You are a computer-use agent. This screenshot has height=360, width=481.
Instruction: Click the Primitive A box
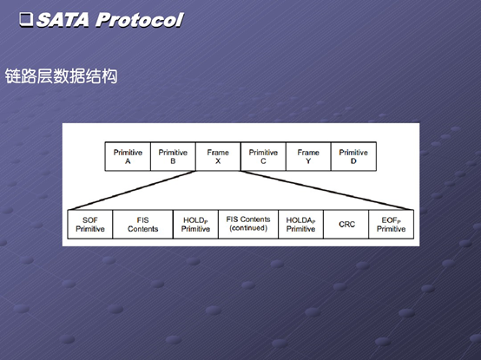[x=128, y=156]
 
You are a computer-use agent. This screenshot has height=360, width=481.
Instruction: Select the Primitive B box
[x=173, y=156]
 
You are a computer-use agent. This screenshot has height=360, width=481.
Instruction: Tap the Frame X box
[x=218, y=156]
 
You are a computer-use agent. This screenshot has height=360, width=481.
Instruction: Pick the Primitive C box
[x=263, y=156]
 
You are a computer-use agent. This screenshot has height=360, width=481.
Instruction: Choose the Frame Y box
[x=308, y=156]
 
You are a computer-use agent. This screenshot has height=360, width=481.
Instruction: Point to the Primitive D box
[x=353, y=156]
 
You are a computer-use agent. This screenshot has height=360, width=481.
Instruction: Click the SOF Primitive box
[x=90, y=225]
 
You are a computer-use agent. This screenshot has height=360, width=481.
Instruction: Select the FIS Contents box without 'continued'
[x=143, y=225]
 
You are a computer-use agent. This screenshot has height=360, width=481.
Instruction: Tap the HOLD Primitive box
[x=195, y=225]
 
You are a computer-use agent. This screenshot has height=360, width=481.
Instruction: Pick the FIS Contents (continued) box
[x=248, y=225]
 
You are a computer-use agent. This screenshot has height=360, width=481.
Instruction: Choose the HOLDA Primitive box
[x=301, y=225]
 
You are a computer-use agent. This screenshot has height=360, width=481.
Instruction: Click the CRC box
[x=346, y=225]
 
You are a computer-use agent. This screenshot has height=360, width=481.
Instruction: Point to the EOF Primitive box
[x=391, y=225]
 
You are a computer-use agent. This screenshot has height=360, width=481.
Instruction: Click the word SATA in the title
[x=63, y=20]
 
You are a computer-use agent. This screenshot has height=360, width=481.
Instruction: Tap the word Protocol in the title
[x=140, y=20]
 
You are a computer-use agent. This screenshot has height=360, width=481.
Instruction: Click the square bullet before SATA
[x=26, y=20]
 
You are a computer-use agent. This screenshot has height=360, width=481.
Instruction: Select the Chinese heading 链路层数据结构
[x=62, y=76]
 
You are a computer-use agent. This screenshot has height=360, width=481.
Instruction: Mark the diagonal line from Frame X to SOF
[x=132, y=190]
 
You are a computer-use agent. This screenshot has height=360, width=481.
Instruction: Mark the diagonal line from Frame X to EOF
[x=327, y=190]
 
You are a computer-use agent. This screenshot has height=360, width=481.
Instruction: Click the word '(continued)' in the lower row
[x=248, y=228]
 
